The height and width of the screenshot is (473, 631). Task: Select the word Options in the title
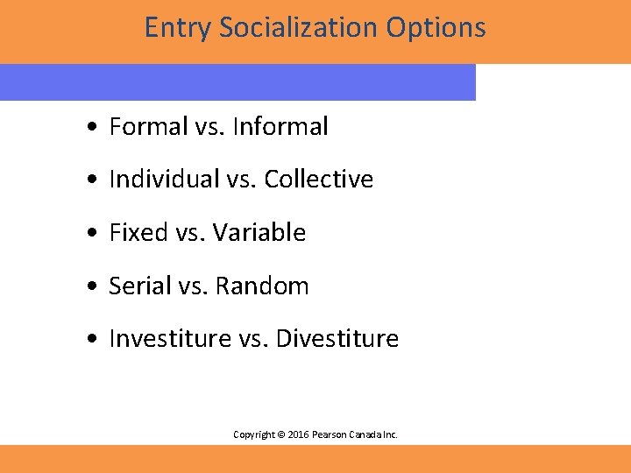tap(436, 28)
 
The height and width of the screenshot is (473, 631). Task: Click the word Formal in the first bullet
tap(148, 127)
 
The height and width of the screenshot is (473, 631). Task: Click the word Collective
tap(319, 180)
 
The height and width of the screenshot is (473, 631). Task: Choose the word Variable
tap(261, 233)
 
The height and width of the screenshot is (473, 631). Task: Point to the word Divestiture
tap(337, 339)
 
